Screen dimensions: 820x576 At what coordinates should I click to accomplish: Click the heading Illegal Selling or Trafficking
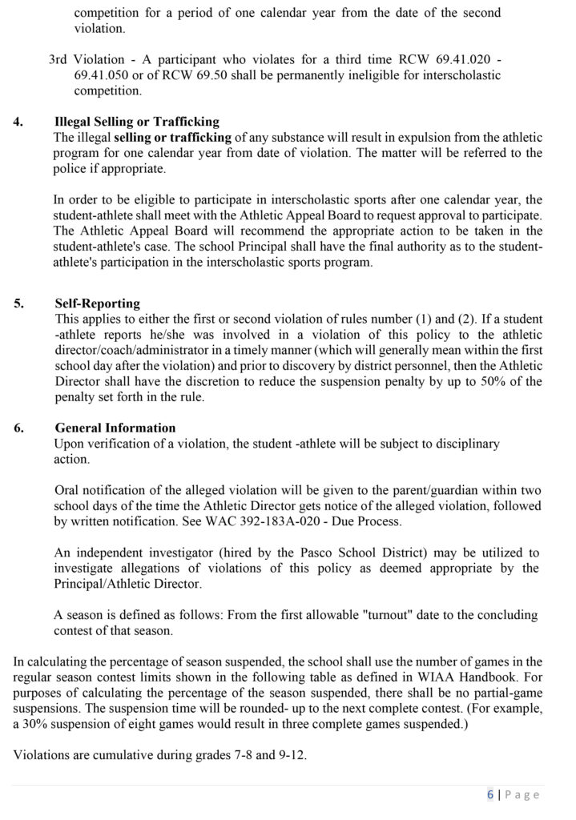pyautogui.click(x=136, y=122)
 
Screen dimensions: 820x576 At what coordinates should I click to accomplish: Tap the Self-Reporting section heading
pyautogui.click(x=97, y=304)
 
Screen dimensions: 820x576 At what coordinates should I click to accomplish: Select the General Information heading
pyautogui.click(x=115, y=428)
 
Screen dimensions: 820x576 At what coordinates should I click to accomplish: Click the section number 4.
pyautogui.click(x=18, y=122)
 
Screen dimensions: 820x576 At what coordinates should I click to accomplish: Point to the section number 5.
pyautogui.click(x=18, y=304)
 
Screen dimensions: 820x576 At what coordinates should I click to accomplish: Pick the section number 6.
pyautogui.click(x=18, y=428)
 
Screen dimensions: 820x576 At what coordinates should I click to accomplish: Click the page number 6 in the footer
pyautogui.click(x=489, y=794)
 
